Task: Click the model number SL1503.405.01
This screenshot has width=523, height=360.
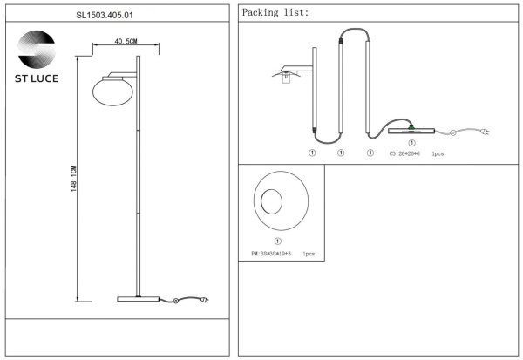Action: (x=117, y=14)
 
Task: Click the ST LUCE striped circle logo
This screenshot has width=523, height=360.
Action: (x=36, y=46)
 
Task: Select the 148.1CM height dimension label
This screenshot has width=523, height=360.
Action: (x=74, y=180)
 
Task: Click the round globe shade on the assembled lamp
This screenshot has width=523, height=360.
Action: (x=111, y=92)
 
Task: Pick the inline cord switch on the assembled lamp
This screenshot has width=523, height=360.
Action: (x=176, y=302)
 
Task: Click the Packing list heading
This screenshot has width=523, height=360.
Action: (x=275, y=14)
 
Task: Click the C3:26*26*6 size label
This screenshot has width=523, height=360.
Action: (x=405, y=153)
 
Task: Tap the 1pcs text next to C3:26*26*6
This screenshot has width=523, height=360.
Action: (x=438, y=153)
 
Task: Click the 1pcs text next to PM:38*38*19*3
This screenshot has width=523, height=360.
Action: (x=309, y=255)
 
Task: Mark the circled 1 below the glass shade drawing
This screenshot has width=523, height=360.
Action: (x=276, y=241)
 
